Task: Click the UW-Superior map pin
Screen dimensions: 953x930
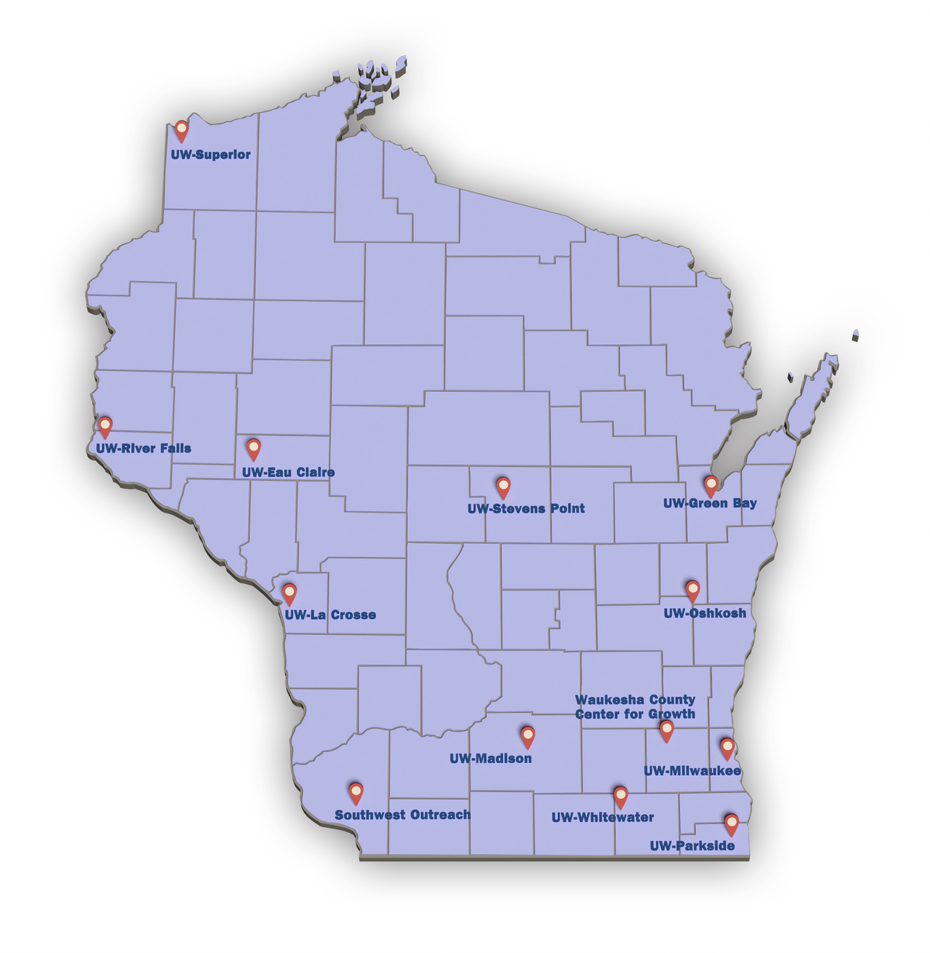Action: pyautogui.click(x=182, y=130)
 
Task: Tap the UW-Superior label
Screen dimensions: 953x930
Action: pyautogui.click(x=210, y=155)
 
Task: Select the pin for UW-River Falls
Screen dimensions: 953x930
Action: pyautogui.click(x=105, y=426)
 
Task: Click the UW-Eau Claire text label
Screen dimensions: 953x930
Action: pyautogui.click(x=288, y=473)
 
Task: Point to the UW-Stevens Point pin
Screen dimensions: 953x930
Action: pyautogui.click(x=503, y=487)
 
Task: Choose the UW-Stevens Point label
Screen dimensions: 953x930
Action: pyautogui.click(x=526, y=509)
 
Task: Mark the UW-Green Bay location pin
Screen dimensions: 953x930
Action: pyautogui.click(x=711, y=484)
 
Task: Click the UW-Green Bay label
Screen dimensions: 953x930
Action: pyautogui.click(x=709, y=503)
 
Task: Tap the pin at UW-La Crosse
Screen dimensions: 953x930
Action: pyautogui.click(x=289, y=593)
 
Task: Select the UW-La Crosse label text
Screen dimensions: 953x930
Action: pyautogui.click(x=330, y=615)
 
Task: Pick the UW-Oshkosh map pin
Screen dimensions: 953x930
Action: pyautogui.click(x=692, y=590)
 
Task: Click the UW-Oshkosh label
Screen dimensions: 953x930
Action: pyautogui.click(x=704, y=613)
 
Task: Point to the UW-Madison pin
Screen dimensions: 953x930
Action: pyautogui.click(x=527, y=736)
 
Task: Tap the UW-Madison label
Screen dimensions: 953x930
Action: pyautogui.click(x=490, y=758)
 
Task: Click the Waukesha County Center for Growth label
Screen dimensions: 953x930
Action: pyautogui.click(x=635, y=707)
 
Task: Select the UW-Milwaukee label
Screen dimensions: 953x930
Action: pyautogui.click(x=692, y=772)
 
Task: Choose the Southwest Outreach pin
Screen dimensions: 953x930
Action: pyautogui.click(x=355, y=792)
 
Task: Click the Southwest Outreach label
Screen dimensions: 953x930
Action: pyautogui.click(x=402, y=815)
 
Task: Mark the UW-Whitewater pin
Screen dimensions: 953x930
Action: pyautogui.click(x=620, y=796)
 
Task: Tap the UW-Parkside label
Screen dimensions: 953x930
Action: pyautogui.click(x=692, y=846)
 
